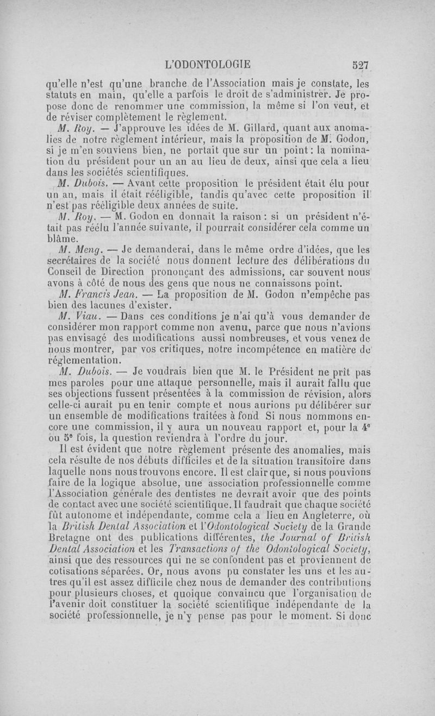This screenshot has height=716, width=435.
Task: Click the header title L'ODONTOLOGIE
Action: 207,64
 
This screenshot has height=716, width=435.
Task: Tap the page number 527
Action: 361,65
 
